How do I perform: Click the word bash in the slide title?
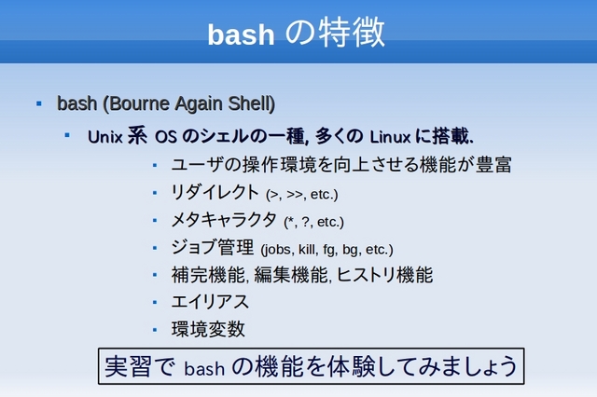[241, 34]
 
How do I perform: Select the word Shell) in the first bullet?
[251, 103]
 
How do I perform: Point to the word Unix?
[105, 137]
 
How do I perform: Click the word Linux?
[390, 137]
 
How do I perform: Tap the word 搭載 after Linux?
[451, 136]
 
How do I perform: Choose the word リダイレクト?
[215, 192]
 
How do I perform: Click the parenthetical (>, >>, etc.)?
[301, 195]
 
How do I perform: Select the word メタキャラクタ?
[224, 220]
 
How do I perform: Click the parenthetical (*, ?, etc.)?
[313, 222]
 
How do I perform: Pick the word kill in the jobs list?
[307, 250]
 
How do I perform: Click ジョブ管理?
[213, 247]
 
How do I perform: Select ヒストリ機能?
[385, 275]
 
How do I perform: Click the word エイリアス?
[210, 302]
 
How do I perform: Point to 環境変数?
[208, 329]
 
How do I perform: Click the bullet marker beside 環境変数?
[155, 330]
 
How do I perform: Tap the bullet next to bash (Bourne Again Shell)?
[39, 103]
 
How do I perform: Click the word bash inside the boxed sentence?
[204, 368]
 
